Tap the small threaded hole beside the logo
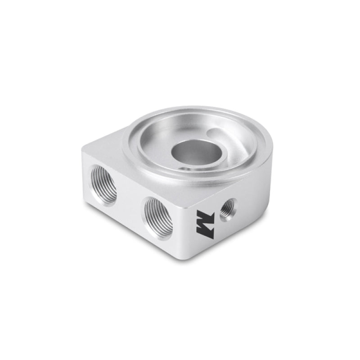pos(227,208)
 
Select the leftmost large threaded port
pos(103,185)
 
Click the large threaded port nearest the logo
pos(158,217)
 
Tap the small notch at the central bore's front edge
pos(183,167)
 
